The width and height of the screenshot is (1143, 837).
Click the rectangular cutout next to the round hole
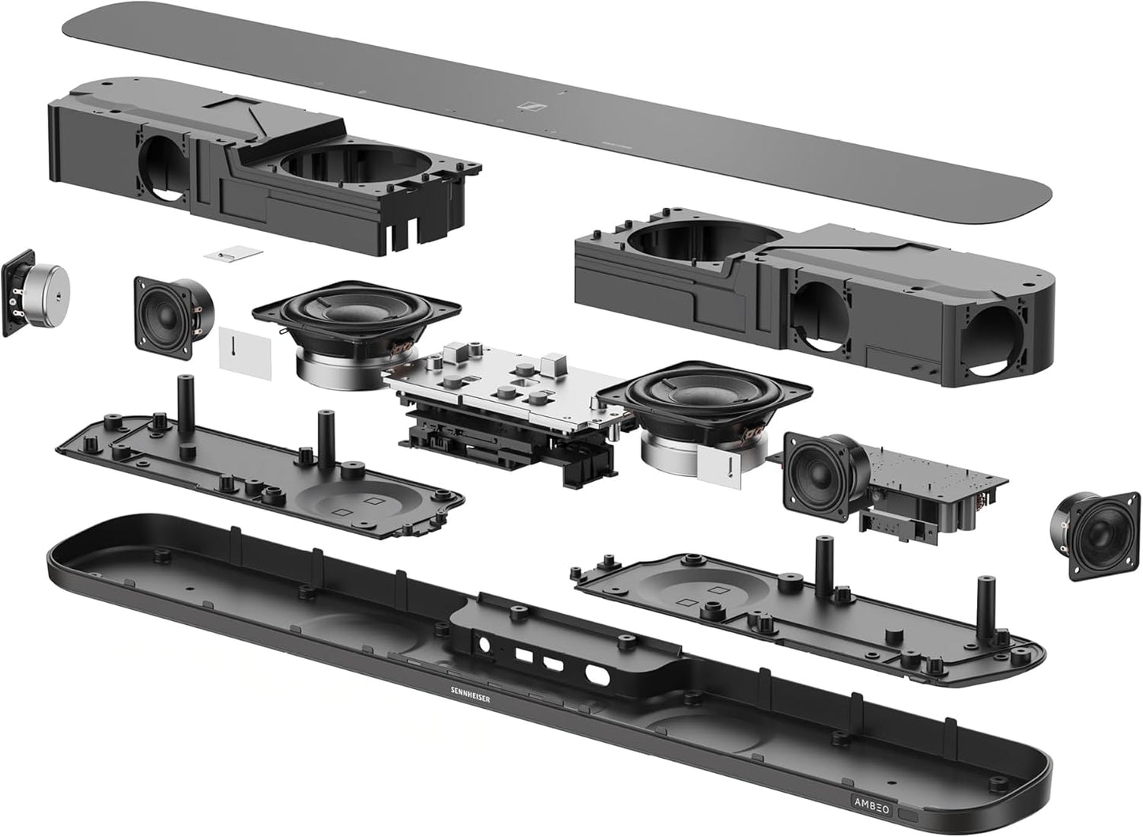523,656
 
